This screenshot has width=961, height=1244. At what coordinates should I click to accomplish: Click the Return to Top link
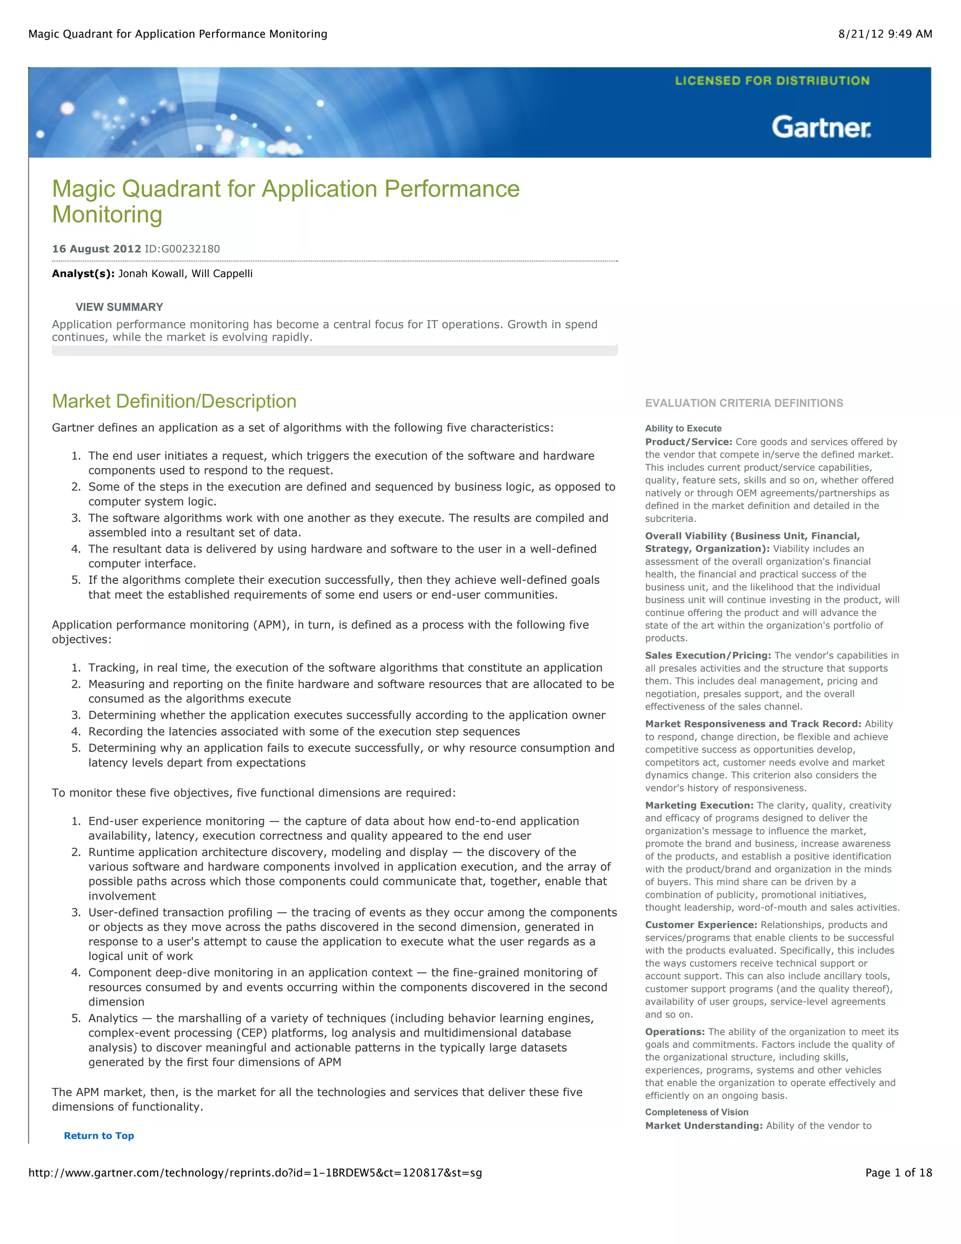click(99, 1135)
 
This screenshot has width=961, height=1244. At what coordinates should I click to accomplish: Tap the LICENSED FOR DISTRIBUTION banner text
click(772, 81)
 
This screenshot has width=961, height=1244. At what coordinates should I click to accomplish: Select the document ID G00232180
click(182, 249)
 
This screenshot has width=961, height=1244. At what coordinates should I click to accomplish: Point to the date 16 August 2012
click(96, 249)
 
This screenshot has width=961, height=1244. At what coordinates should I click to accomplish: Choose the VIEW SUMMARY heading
click(119, 307)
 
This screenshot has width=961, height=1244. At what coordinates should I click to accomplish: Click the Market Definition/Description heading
click(174, 401)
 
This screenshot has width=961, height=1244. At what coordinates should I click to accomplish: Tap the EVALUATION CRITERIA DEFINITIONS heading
click(744, 403)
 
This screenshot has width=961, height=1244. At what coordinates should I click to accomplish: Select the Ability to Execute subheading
click(683, 428)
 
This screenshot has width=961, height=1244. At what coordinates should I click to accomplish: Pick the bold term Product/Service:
click(688, 442)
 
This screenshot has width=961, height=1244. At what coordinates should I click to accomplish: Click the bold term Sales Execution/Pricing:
click(708, 656)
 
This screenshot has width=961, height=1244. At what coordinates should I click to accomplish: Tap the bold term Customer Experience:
click(701, 925)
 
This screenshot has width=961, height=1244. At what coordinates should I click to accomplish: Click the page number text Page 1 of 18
click(899, 1172)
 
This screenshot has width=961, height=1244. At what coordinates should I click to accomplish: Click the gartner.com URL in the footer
click(255, 1172)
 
